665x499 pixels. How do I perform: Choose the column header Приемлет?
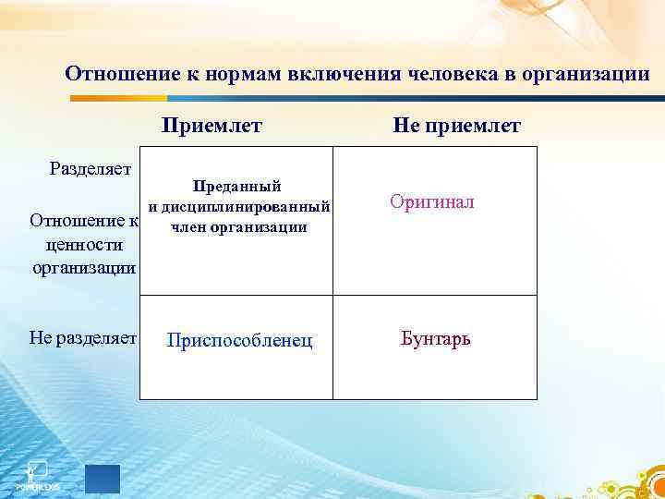tap(212, 125)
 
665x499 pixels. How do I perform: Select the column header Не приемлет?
tap(456, 125)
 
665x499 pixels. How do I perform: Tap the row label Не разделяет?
tap(83, 339)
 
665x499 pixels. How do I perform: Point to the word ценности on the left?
tap(83, 245)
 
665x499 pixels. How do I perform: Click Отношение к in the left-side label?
tap(83, 222)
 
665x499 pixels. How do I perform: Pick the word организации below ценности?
tap(84, 268)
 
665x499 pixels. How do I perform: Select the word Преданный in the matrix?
tap(236, 187)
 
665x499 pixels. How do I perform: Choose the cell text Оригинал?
tap(432, 201)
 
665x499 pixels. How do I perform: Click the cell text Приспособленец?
tap(238, 341)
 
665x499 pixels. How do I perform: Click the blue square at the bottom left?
tap(103, 479)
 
